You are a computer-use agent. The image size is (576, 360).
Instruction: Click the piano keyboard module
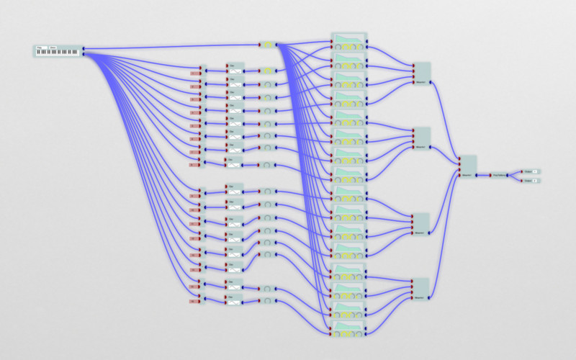pyautogui.click(x=58, y=51)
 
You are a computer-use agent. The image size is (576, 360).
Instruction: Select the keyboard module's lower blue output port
pyautogui.click(x=84, y=53)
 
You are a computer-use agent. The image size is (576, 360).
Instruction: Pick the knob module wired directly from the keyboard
pyautogui.click(x=268, y=45)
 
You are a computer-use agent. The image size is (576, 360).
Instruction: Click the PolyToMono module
pyautogui.click(x=498, y=174)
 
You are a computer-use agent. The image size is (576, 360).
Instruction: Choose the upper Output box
pyautogui.click(x=533, y=171)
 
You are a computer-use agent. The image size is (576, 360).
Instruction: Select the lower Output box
pyautogui.click(x=533, y=180)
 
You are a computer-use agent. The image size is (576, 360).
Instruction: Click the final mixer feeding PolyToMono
pyautogui.click(x=467, y=166)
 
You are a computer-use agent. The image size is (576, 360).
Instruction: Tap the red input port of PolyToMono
pyautogui.click(x=490, y=174)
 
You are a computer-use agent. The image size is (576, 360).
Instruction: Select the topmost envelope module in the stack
pyautogui.click(x=349, y=41)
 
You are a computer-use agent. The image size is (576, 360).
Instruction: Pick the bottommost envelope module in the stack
pyautogui.click(x=349, y=330)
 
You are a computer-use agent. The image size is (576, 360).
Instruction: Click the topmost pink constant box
pyautogui.click(x=194, y=73)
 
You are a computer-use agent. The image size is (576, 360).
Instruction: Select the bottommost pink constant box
pyautogui.click(x=194, y=301)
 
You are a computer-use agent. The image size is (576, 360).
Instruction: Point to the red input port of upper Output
pyautogui.click(x=522, y=171)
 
